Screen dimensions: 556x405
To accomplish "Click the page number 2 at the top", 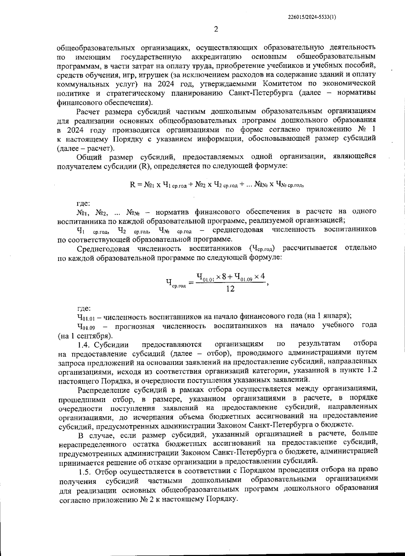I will point(216,29).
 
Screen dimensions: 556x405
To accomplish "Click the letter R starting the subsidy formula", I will point(132,185).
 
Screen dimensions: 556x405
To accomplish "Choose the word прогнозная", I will point(135,326).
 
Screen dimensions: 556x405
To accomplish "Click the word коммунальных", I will point(79,83).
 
